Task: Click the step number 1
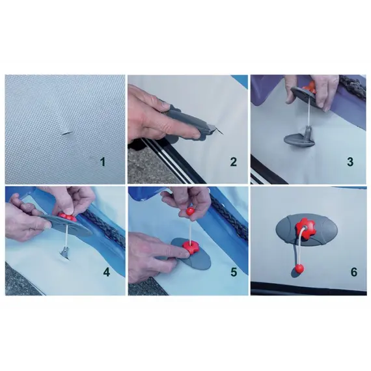102,162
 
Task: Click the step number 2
233,162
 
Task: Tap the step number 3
350,162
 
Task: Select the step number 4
107,272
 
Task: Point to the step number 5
234,272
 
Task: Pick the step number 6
353,272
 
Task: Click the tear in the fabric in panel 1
67,133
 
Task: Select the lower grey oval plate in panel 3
297,139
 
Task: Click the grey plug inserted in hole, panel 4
64,252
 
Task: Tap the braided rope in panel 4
104,225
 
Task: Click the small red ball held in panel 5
191,211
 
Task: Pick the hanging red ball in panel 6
299,269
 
